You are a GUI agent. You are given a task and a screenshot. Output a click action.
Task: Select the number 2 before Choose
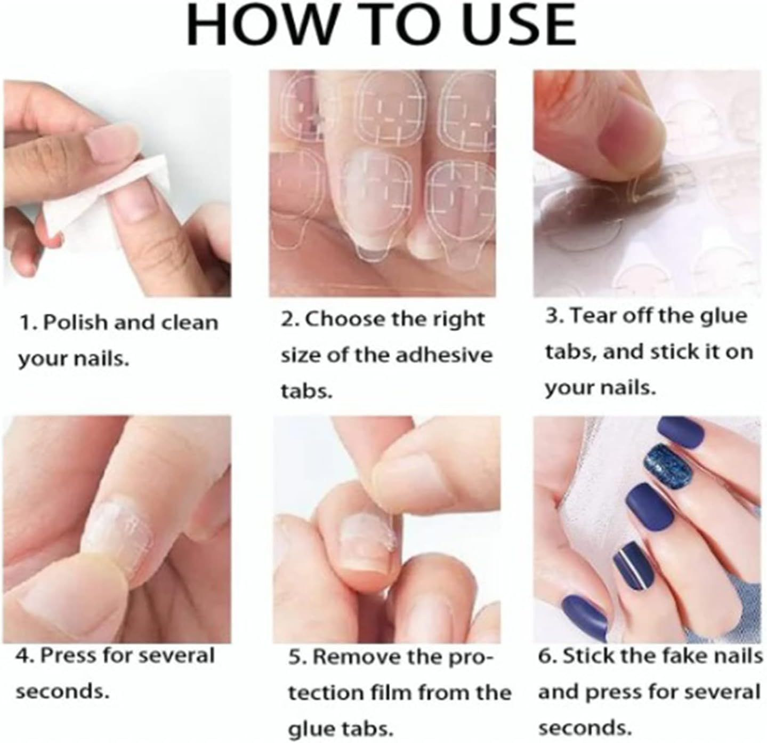(288, 319)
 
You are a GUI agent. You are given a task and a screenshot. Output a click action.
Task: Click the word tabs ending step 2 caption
(306, 391)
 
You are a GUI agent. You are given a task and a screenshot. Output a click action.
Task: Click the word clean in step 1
(189, 323)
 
